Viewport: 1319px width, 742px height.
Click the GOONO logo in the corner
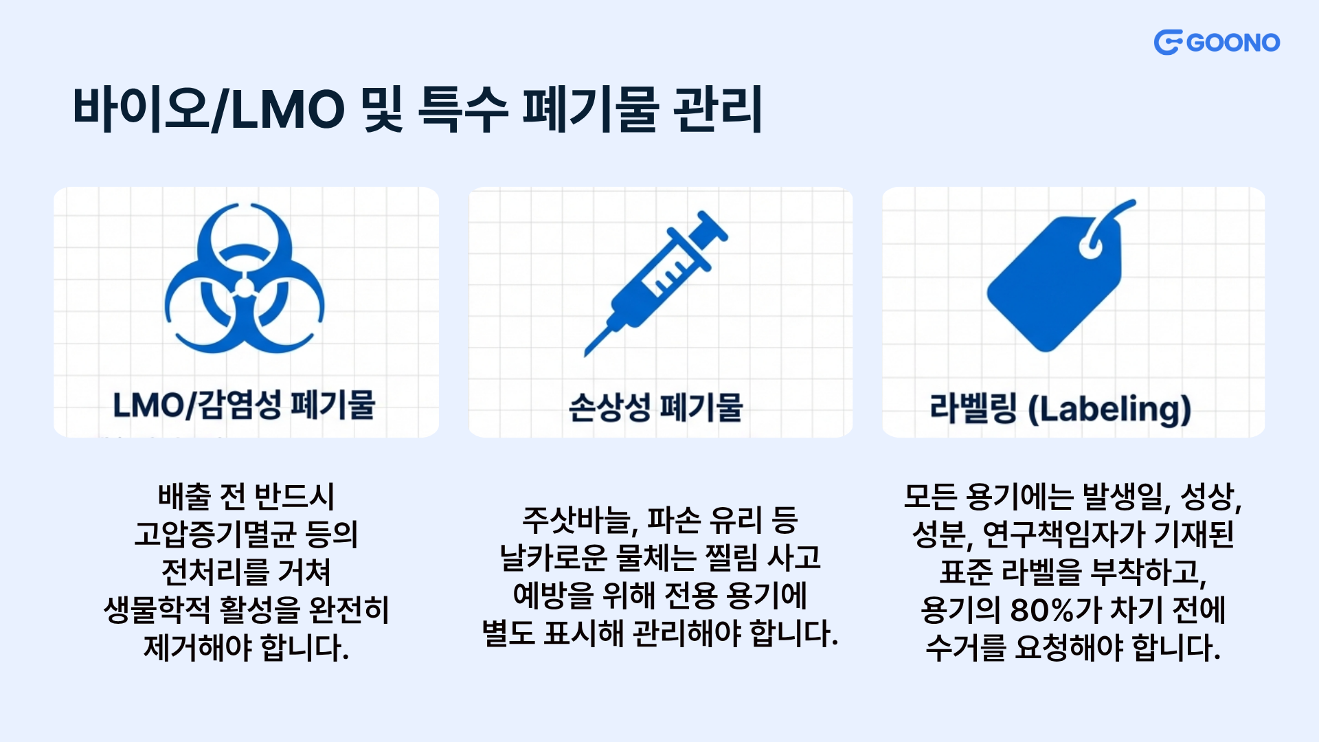1217,43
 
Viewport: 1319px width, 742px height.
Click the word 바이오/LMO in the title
209,109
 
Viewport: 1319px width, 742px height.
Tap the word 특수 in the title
462,109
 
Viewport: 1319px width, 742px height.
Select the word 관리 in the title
718,109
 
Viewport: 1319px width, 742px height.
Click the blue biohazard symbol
245,278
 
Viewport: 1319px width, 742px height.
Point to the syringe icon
656,283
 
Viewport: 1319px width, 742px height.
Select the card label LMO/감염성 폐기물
244,405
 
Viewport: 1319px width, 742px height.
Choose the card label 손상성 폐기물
656,407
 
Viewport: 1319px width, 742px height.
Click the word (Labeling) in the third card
1109,409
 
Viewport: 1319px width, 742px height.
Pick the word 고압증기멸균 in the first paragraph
216,534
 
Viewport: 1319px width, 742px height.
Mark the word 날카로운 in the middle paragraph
554,558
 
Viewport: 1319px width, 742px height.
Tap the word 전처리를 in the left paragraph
205,572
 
